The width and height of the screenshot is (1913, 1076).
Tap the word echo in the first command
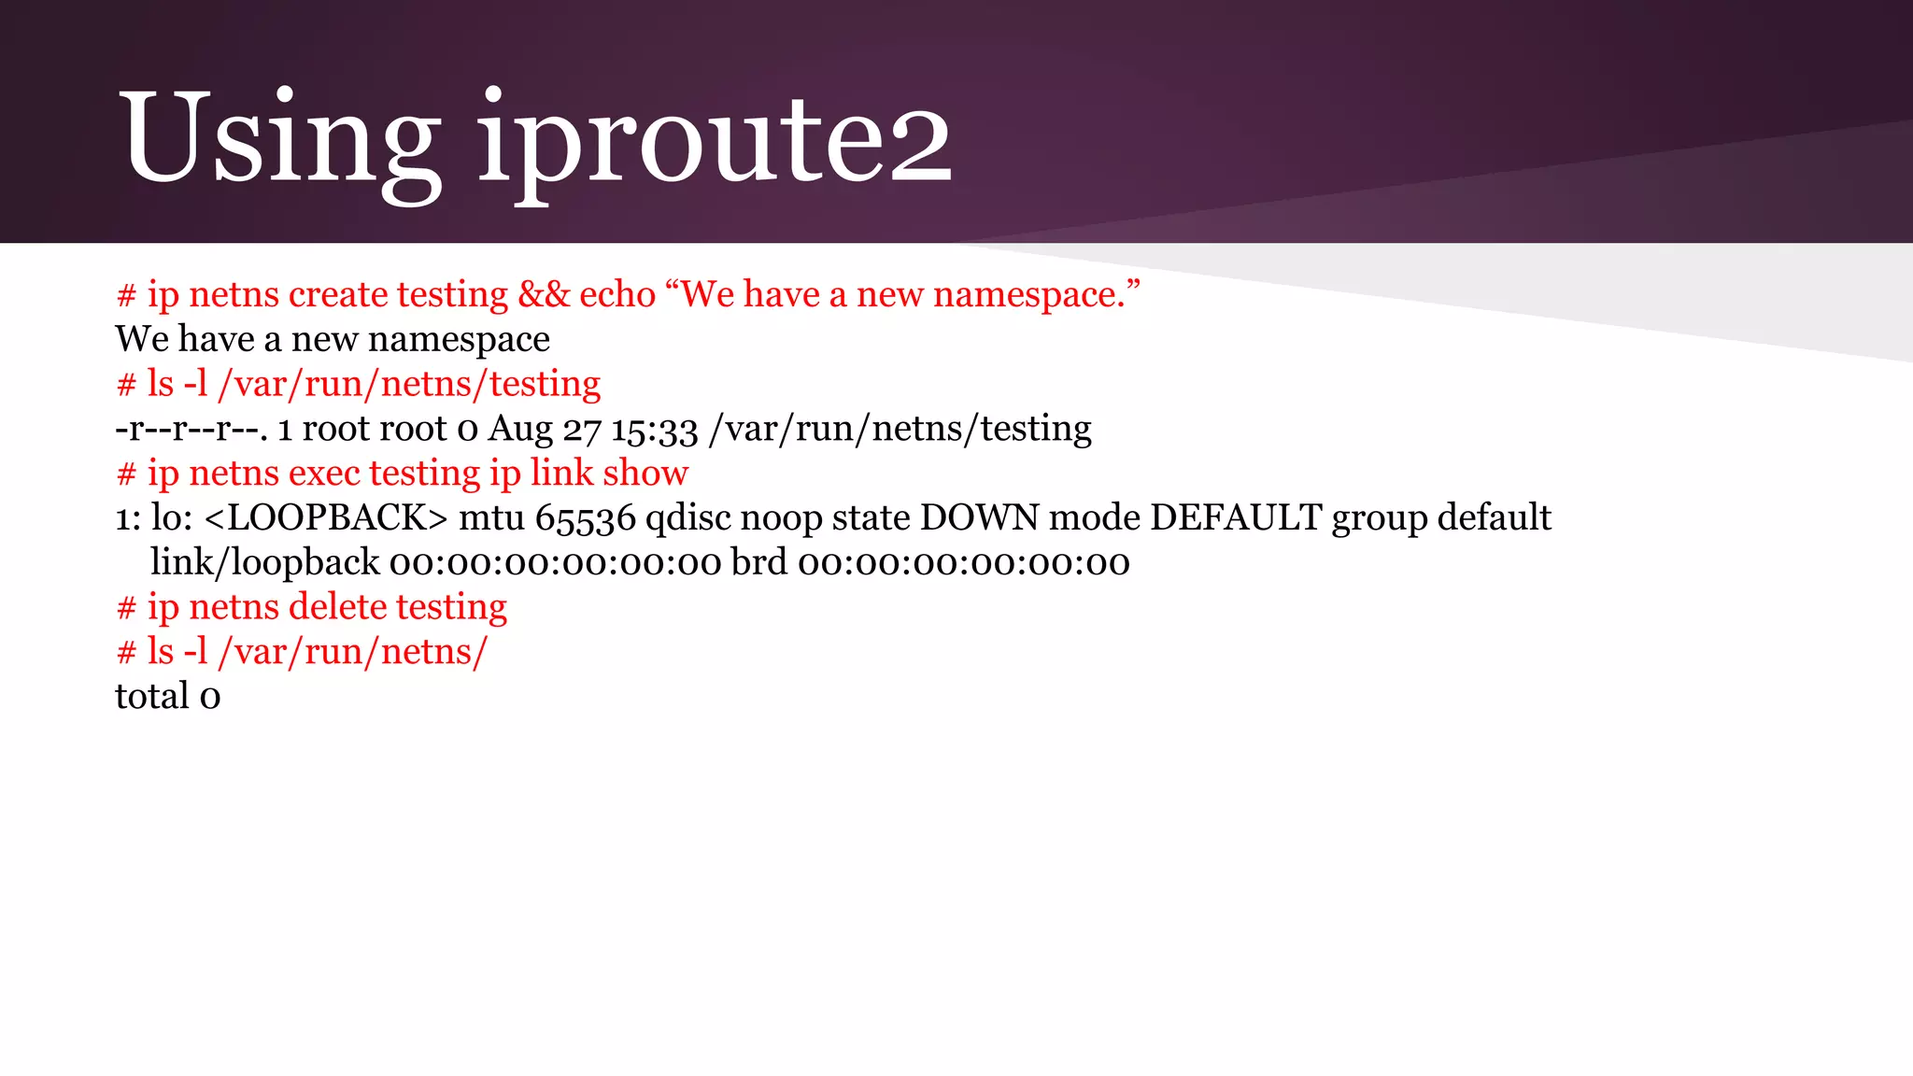click(x=617, y=294)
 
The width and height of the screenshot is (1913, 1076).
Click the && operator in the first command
click(x=544, y=294)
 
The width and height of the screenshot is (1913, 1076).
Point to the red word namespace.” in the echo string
click(x=1036, y=294)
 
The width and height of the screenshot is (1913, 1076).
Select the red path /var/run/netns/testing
click(x=409, y=384)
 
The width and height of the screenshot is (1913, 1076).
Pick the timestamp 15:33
click(x=655, y=429)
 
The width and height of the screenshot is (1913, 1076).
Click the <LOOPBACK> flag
click(x=325, y=517)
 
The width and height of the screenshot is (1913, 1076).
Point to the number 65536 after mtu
click(x=585, y=517)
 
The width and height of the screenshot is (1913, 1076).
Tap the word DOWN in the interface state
click(x=979, y=517)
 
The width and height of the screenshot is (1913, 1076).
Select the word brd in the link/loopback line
click(x=758, y=562)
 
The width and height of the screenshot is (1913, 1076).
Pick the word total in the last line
click(x=152, y=696)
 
